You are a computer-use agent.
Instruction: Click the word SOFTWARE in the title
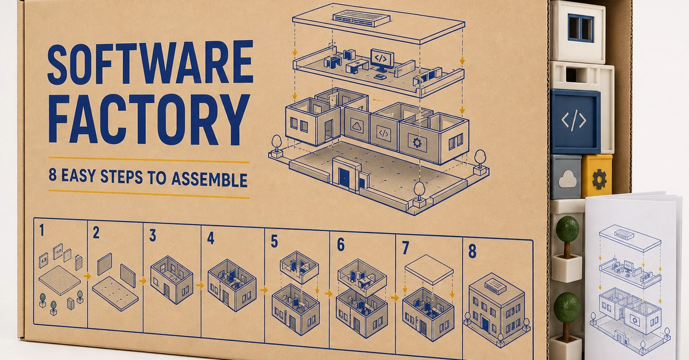coord(150,63)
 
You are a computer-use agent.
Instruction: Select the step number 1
coord(42,230)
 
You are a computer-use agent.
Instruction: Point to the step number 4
coord(211,238)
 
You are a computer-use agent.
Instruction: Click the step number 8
coord(472,251)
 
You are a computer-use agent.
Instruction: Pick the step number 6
coord(340,245)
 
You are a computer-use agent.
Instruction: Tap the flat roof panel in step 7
coord(429,269)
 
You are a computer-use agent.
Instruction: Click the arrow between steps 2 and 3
coord(142,281)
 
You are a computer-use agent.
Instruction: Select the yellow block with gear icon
coord(597,176)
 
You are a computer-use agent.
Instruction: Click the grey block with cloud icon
coord(566,177)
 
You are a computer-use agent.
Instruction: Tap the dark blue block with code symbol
coord(575,121)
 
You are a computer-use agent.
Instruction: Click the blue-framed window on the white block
coord(580,28)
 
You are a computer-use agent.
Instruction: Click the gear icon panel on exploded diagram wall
coord(417,143)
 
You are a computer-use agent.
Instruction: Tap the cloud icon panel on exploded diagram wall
coord(357,126)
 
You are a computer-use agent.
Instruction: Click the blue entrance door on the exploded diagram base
coord(344,177)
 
